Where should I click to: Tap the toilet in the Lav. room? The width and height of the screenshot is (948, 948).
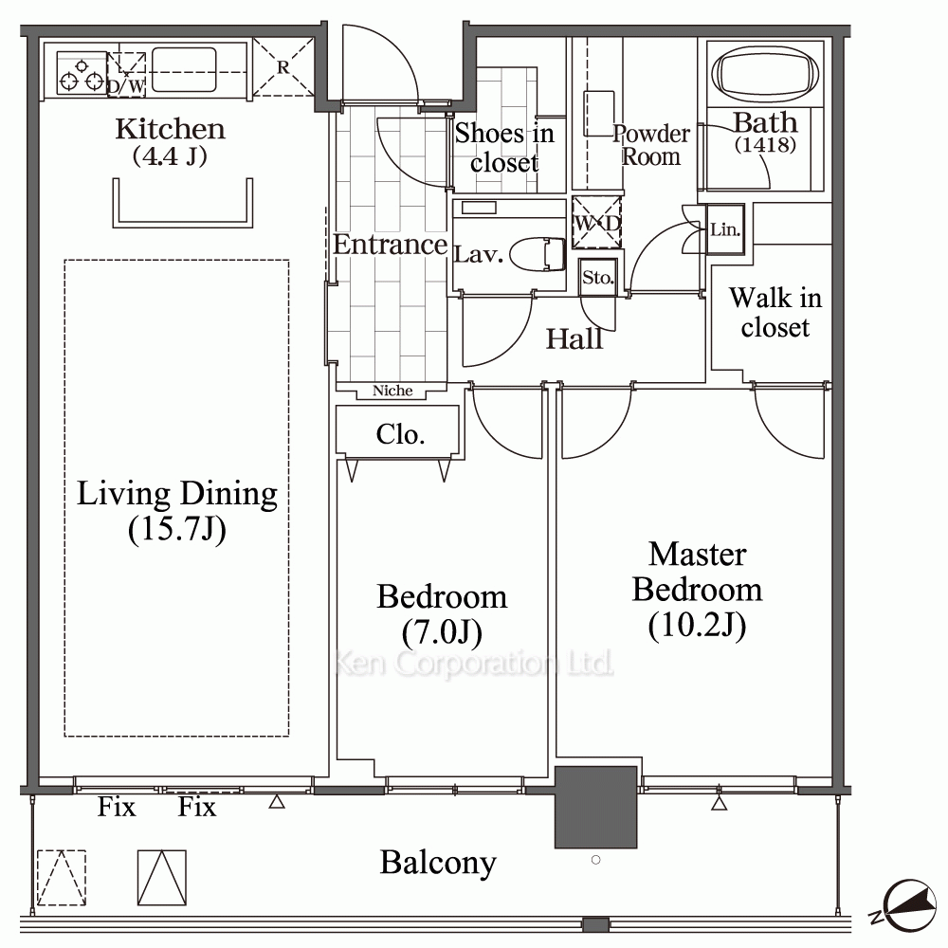point(537,254)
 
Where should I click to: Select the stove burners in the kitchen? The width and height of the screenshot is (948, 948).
point(81,73)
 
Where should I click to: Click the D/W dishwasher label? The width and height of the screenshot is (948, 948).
point(126,86)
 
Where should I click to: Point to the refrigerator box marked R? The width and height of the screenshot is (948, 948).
point(283,67)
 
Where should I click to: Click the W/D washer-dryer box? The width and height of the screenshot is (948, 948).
point(596,223)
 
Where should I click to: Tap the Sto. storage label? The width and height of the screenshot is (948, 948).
point(598,278)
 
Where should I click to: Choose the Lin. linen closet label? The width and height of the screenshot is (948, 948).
point(725,229)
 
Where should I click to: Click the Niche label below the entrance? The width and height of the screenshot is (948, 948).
point(392,391)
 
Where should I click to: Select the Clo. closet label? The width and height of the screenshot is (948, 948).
point(400,434)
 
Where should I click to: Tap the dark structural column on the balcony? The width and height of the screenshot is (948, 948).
point(595,807)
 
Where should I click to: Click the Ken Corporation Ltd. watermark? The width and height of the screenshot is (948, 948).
point(473,664)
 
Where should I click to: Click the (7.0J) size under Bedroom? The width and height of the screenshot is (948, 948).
point(442,632)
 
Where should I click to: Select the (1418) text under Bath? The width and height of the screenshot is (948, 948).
point(765,145)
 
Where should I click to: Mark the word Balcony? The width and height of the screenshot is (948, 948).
point(438,863)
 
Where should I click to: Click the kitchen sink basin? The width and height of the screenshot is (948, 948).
point(184,69)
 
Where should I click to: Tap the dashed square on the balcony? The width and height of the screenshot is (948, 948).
point(61,877)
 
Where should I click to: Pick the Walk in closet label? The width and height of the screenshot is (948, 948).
point(775,313)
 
